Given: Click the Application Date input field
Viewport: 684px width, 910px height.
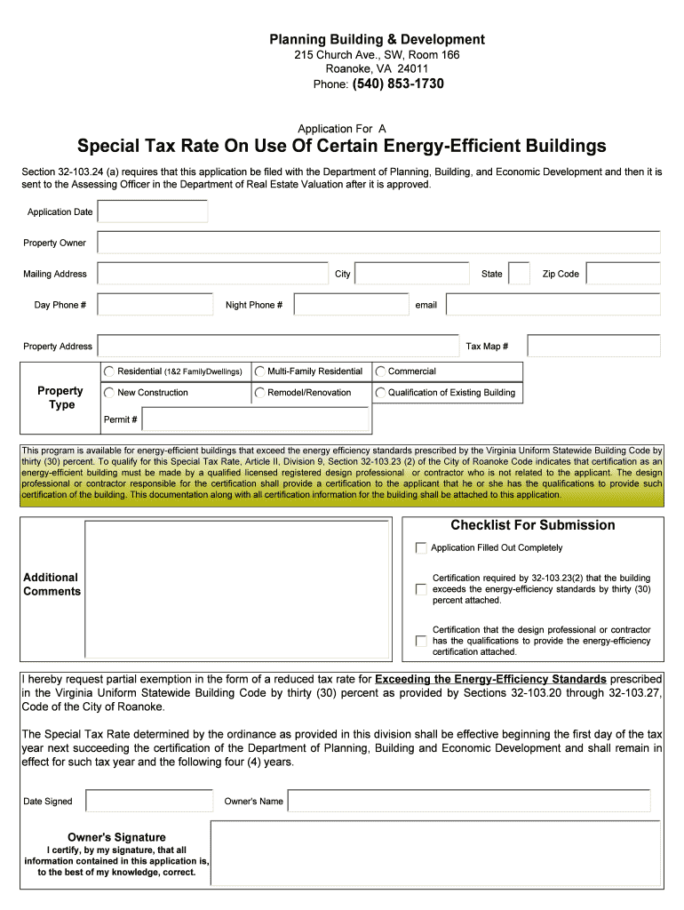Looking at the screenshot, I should click(x=153, y=212).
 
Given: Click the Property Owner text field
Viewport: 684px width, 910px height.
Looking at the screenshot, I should click(x=378, y=243).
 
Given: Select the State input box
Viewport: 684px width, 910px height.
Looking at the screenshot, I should click(x=520, y=274).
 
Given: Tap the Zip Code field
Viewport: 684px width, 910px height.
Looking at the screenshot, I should click(x=623, y=274).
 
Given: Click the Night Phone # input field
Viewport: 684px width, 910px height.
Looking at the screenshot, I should click(x=351, y=305).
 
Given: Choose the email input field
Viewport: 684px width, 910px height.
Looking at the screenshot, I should click(x=553, y=305).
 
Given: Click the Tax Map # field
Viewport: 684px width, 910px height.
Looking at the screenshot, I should click(x=593, y=346).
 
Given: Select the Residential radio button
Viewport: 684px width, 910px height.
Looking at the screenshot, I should click(x=108, y=371).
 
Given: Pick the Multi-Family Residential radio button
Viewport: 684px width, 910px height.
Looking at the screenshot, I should click(x=259, y=371).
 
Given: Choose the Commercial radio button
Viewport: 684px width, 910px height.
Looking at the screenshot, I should click(x=380, y=371).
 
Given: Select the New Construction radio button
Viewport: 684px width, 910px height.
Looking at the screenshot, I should click(x=108, y=392).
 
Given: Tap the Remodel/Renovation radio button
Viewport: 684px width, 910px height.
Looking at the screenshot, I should click(x=259, y=392).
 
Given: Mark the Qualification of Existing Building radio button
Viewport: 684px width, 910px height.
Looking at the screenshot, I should click(x=380, y=392).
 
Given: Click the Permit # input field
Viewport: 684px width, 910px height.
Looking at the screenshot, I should click(x=255, y=419).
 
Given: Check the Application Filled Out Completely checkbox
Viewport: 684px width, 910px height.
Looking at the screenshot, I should click(x=421, y=548).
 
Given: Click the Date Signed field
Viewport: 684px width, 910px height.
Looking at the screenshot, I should click(x=149, y=801).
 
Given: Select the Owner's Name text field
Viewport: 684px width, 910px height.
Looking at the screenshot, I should click(x=469, y=801).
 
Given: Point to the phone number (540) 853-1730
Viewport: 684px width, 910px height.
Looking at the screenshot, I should click(x=398, y=84).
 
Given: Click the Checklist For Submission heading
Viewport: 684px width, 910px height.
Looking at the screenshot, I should click(x=533, y=525).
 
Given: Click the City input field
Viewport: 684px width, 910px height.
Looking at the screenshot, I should click(x=412, y=274).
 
